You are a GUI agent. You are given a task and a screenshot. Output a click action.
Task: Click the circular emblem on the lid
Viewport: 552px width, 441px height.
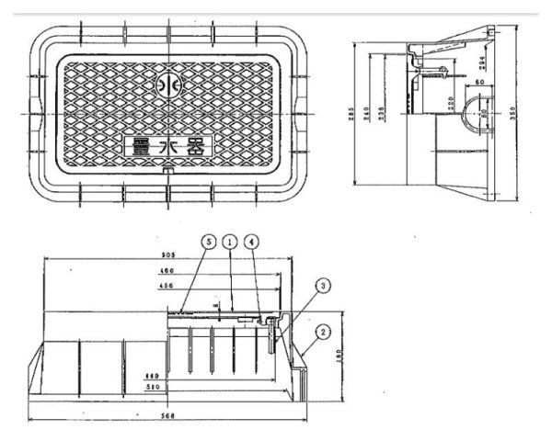click(x=167, y=85)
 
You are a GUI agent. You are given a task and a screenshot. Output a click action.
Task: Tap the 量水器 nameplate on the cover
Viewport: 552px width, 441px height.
click(x=167, y=145)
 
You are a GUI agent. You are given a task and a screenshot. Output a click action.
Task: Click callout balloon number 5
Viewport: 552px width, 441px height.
click(x=209, y=241)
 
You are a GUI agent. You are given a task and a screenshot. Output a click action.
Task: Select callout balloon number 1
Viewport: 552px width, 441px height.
click(x=231, y=241)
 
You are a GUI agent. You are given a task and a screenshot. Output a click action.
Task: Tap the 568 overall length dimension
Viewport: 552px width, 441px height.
click(x=167, y=416)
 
